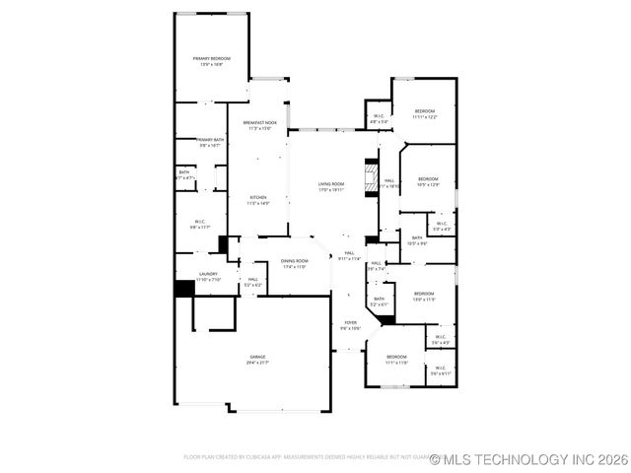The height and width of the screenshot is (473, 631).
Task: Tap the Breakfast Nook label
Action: (260, 125)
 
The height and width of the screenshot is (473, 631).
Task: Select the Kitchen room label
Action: (257, 200)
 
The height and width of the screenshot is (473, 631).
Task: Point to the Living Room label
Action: (330, 187)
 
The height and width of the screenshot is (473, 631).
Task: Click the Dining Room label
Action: (295, 263)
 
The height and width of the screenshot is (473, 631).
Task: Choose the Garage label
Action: (257, 360)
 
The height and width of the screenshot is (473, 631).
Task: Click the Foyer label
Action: (350, 325)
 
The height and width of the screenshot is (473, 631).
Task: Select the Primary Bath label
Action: (209, 143)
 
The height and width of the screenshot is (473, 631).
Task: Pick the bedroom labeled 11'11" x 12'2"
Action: (425, 113)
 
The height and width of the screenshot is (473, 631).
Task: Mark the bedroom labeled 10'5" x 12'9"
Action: (428, 182)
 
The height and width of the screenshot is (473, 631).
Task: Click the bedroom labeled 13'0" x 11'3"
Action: (424, 296)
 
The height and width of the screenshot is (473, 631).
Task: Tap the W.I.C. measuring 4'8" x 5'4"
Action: (379, 118)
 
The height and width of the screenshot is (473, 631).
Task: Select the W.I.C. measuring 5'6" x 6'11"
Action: (440, 371)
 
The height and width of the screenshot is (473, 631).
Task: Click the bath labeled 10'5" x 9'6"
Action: (416, 239)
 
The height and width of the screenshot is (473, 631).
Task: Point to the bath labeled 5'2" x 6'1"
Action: (379, 301)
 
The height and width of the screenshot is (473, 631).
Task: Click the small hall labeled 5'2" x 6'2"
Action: (253, 283)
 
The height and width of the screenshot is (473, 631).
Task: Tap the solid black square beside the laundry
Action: (183, 289)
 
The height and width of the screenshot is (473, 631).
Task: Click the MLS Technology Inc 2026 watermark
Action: (529, 458)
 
